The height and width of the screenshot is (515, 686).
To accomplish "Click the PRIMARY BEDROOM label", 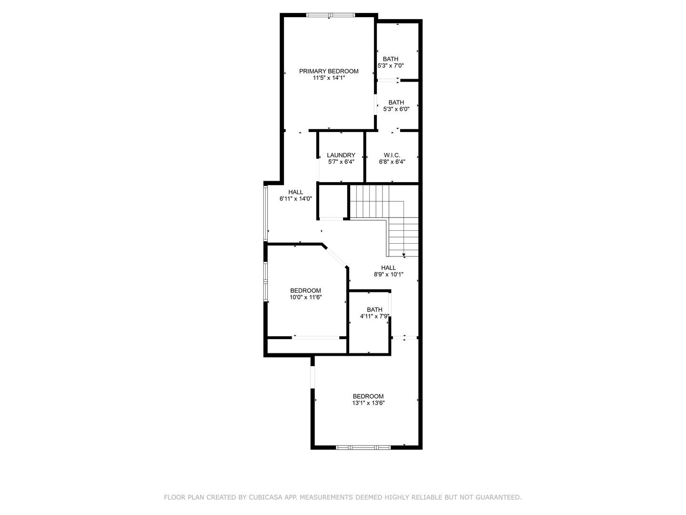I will click(329, 71).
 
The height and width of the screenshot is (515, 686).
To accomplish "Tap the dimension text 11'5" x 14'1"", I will click(329, 78).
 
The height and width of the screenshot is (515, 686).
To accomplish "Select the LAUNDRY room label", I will click(341, 155).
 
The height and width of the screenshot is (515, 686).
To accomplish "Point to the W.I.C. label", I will click(392, 155).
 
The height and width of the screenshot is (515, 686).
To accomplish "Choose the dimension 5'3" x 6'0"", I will click(396, 109).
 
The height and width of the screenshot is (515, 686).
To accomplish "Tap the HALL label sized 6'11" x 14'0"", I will click(295, 192).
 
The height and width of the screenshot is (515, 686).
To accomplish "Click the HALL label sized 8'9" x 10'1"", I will click(388, 268).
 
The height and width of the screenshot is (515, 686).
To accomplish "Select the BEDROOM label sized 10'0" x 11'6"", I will click(306, 290).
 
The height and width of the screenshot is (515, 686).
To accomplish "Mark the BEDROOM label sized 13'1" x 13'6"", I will click(368, 396).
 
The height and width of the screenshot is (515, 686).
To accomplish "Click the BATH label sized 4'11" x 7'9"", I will click(374, 309).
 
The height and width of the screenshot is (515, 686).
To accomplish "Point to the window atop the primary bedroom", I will click(330, 15).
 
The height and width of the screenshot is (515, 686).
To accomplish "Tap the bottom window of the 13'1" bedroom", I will click(363, 447).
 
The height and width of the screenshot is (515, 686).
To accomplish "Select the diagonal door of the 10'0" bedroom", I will click(336, 256).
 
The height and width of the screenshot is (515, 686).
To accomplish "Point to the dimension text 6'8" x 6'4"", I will click(392, 162).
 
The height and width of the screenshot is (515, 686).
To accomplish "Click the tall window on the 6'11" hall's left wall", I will click(265, 212).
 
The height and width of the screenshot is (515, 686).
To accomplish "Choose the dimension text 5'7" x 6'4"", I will click(341, 162).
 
